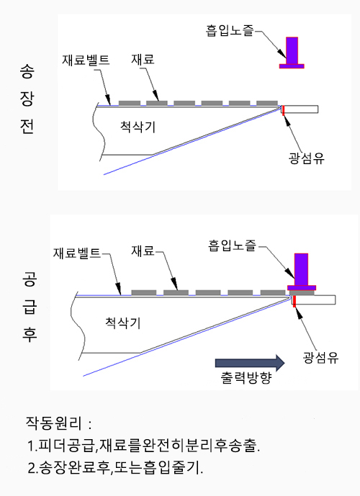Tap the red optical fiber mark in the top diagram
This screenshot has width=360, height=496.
coord(284,110)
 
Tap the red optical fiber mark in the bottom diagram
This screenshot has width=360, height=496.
coord(294,302)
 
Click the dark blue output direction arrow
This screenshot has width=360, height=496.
coord(250,363)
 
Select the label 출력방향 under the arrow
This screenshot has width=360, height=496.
coord(246,377)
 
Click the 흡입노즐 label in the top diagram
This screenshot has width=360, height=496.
coord(230,31)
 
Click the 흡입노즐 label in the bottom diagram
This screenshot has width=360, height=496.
coord(232,245)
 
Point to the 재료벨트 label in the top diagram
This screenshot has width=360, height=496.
coord(86,60)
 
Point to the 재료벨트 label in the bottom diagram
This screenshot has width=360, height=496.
coord(77,253)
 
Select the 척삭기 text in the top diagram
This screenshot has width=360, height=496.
coord(138,127)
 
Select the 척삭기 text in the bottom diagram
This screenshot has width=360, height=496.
coord(123,323)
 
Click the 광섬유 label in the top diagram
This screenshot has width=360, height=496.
coord(307,158)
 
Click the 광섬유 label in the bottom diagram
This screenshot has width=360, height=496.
coord(321,358)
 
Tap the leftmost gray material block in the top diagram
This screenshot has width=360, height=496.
coord(130,103)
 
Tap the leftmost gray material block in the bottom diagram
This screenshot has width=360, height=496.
coord(143,292)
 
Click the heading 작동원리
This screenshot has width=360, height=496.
coord(54,423)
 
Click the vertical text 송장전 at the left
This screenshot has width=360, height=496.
coord(27,99)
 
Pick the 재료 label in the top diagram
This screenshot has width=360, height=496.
coord(143,59)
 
